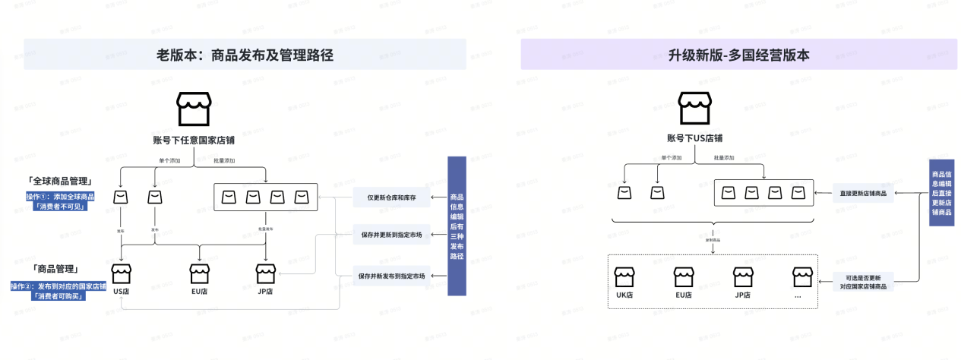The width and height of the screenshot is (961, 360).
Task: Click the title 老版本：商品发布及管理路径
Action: [245, 55]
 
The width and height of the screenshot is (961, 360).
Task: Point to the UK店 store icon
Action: [624, 277]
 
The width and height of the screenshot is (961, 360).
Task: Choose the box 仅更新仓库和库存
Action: [391, 197]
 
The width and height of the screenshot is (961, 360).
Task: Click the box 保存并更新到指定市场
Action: [391, 235]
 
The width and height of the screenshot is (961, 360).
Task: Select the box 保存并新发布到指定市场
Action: [391, 275]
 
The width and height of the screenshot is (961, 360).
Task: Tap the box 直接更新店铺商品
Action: [863, 194]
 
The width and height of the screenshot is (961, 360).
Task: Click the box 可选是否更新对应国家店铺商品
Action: [863, 282]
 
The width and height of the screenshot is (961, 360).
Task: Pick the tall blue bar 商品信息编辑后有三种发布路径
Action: [456, 226]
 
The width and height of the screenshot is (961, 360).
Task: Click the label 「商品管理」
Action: [55, 269]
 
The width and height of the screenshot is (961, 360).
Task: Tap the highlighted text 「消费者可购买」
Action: [58, 296]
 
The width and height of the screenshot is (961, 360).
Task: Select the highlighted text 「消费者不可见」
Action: [61, 206]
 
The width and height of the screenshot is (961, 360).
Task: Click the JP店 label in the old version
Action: [264, 291]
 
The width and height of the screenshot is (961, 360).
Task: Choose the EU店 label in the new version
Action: [683, 295]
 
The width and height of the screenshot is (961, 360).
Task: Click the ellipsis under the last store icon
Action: [798, 295]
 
